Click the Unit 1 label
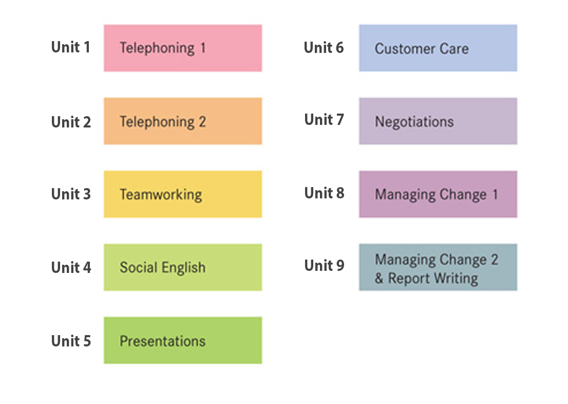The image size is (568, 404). (71, 47)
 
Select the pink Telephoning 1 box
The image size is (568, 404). (183, 48)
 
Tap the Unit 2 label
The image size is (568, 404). (71, 122)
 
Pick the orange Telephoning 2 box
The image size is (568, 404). (183, 121)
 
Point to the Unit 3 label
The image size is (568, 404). (71, 194)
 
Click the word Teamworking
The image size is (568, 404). (161, 195)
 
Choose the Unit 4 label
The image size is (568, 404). (71, 268)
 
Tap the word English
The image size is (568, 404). (184, 268)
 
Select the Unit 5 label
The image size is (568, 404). (71, 341)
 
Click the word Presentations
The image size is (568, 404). (163, 341)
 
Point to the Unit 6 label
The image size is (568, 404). (324, 47)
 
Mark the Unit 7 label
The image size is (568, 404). (324, 120)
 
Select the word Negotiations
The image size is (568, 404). (414, 122)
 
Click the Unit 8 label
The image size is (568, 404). (324, 193)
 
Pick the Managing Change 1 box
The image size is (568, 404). (438, 194)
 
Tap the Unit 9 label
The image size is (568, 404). (324, 266)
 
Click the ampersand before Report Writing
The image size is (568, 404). (379, 279)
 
